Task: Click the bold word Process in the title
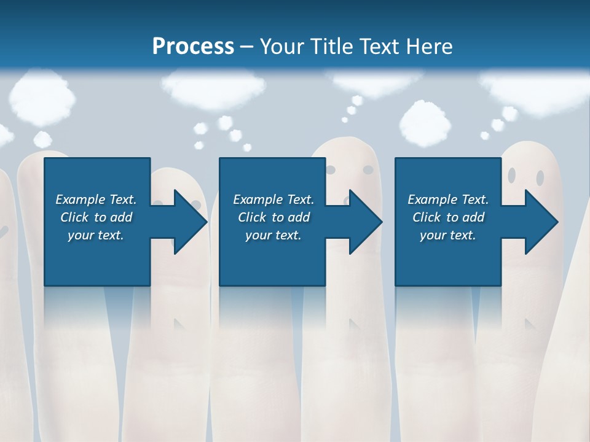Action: pos(193,46)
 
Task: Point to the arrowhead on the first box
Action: pos(191,222)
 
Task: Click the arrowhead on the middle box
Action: pos(366,222)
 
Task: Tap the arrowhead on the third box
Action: pos(541,222)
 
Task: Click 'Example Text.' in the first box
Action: pos(96,200)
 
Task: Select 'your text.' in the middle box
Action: pos(273,235)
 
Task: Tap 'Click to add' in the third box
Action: pos(448,217)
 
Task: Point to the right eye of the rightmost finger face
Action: pos(540,178)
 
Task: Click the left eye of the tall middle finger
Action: pos(331,169)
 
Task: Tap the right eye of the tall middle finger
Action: pos(368,168)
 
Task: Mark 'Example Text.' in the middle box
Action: pos(273,200)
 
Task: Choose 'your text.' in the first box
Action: pos(96,235)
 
